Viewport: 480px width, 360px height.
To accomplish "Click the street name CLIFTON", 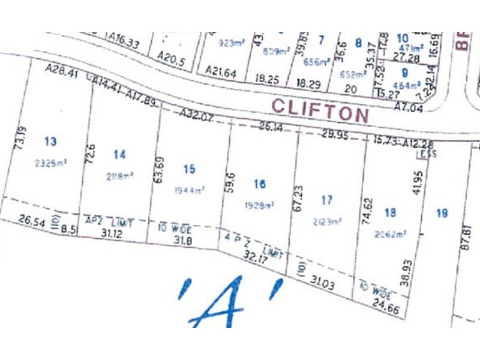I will point(319,110).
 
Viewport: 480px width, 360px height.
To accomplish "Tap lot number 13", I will point(51,142).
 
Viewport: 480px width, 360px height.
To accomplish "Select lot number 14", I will point(120,155).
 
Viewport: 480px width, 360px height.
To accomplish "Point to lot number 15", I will point(190,169).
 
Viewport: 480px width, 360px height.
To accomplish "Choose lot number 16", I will point(259,184).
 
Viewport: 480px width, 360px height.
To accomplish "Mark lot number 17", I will point(327,200).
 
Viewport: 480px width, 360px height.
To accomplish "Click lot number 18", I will point(391,212).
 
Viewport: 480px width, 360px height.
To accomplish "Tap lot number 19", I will point(443,212).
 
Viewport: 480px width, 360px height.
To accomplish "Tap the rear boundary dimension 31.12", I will point(116,233).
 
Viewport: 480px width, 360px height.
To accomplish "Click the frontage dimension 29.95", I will point(335,136).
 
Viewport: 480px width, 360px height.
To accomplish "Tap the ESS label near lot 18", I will point(428,154).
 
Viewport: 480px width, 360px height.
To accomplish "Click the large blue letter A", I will point(230,302).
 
